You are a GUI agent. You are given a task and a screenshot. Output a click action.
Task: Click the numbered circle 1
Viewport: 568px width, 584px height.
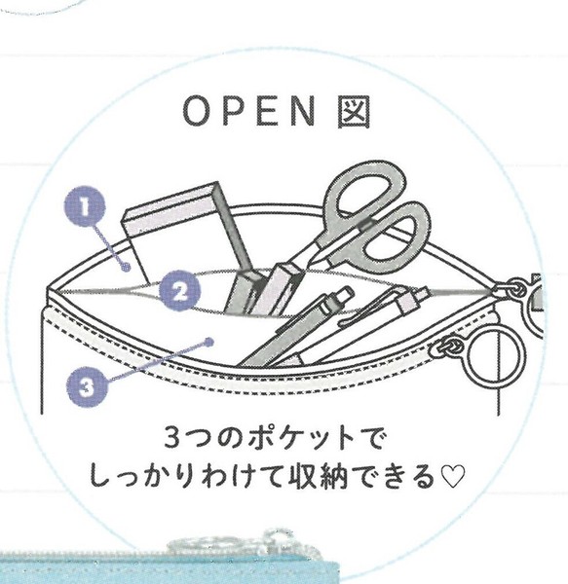pyautogui.click(x=84, y=206)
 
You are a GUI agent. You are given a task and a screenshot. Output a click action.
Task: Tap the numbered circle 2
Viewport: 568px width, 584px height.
pyautogui.click(x=179, y=291)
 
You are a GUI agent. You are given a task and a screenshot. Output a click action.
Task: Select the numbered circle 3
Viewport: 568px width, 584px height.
pyautogui.click(x=87, y=386)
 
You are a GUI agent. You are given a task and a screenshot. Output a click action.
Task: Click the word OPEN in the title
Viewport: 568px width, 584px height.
pyautogui.click(x=249, y=111)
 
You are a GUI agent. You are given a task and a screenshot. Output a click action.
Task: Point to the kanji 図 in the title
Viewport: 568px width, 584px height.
pyautogui.click(x=354, y=112)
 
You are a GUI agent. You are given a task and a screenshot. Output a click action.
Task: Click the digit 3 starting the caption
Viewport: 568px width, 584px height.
pyautogui.click(x=172, y=439)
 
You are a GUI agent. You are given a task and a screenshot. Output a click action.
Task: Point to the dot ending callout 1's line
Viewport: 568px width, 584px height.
pyautogui.click(x=127, y=267)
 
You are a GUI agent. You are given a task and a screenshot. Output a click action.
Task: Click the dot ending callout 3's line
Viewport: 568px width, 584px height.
pyautogui.click(x=209, y=342)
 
